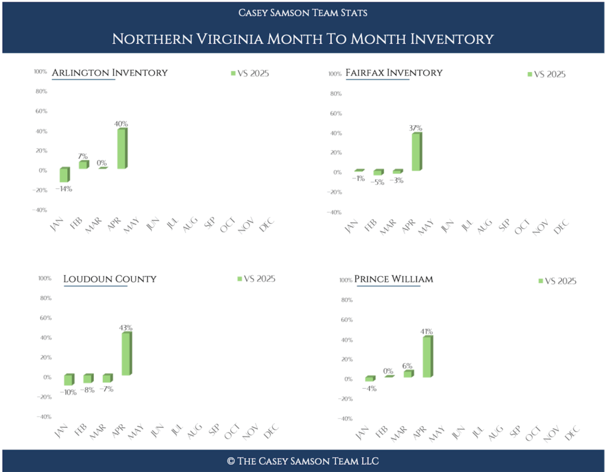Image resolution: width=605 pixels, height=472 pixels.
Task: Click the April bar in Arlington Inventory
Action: point(121,148)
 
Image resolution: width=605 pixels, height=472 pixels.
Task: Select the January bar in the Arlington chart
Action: point(64,174)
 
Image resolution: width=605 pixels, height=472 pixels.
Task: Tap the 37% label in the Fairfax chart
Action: point(415,128)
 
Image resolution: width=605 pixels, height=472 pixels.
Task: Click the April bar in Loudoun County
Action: point(126,353)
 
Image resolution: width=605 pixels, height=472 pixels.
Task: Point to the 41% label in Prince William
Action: point(427,332)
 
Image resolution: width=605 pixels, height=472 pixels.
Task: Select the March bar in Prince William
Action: point(408,373)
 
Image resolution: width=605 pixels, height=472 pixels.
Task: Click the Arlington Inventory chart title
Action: point(109,73)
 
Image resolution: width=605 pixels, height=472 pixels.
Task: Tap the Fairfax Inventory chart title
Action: point(393,73)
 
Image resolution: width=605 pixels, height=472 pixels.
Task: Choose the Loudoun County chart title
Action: point(110,279)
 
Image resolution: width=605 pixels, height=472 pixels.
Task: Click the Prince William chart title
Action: point(393,279)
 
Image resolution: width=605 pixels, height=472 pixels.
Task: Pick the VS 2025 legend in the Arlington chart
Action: point(252,73)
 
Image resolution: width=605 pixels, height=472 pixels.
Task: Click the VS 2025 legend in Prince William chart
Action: point(557,281)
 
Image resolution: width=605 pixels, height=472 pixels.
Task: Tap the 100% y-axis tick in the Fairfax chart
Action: point(334,74)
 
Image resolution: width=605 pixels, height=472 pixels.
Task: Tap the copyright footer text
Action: point(302,461)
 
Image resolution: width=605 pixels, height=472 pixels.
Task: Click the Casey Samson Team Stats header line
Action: point(302,12)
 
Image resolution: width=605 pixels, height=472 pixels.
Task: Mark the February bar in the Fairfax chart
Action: point(378,172)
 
